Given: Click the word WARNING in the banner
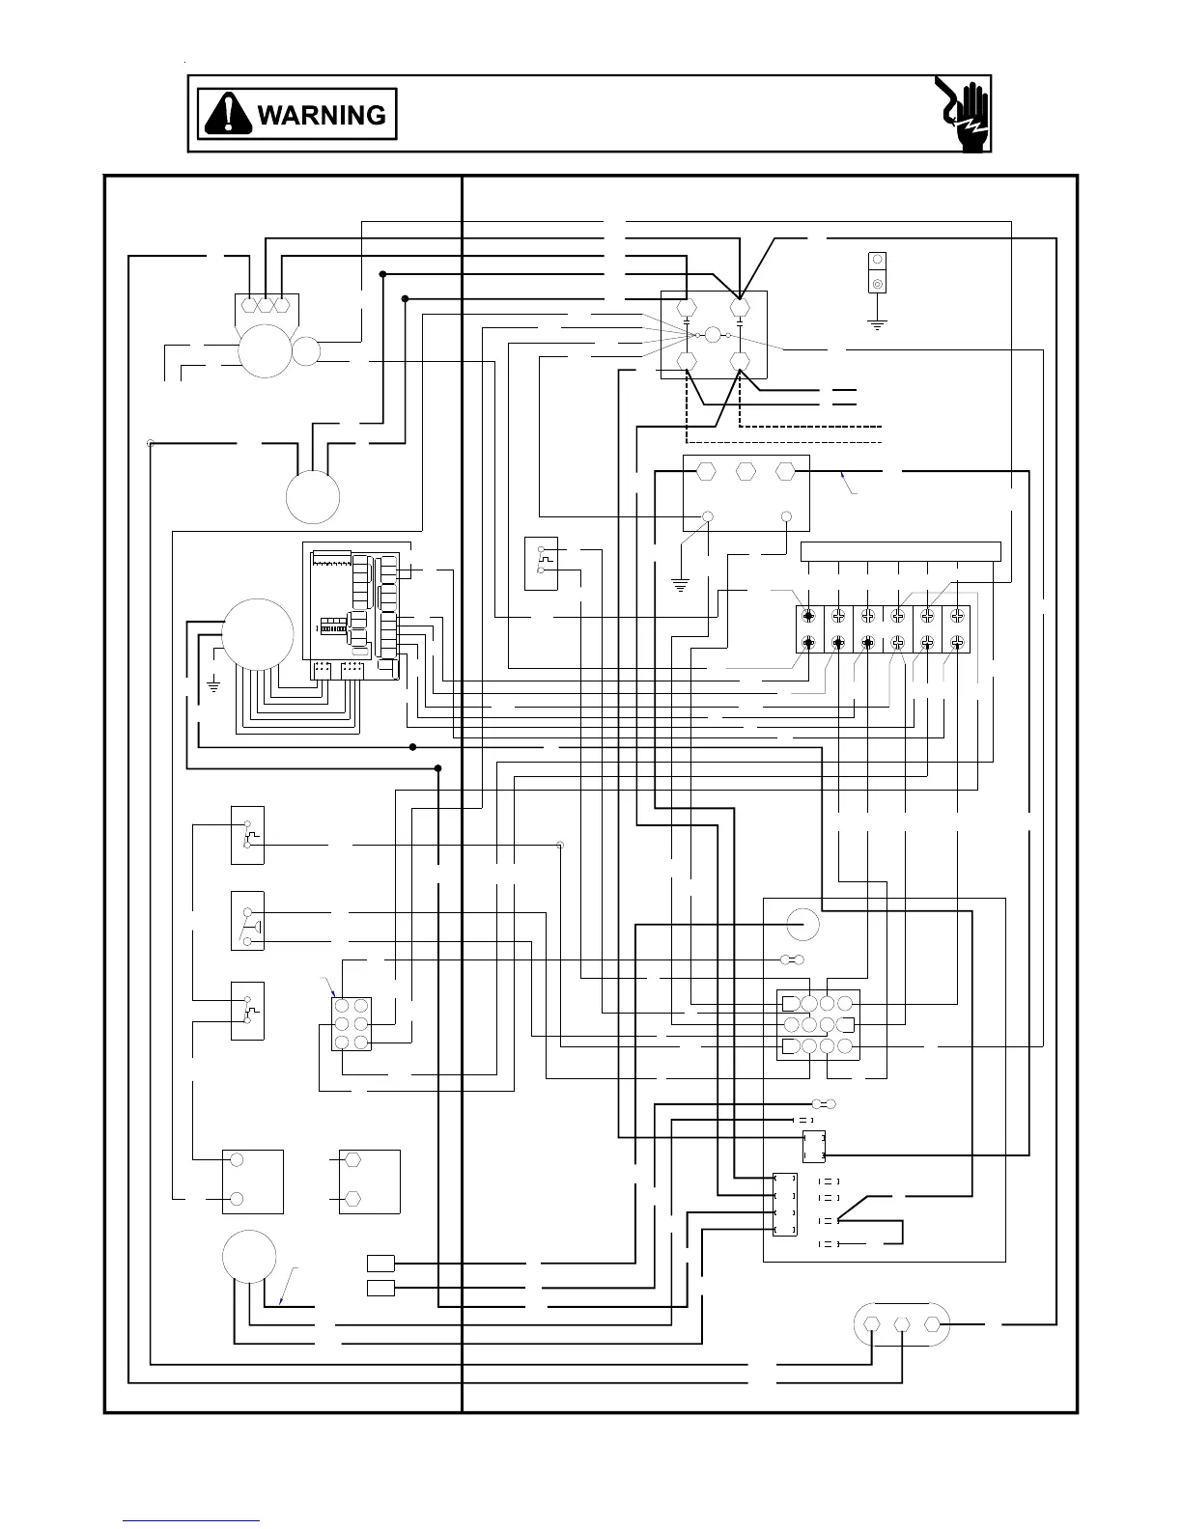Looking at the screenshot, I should [322, 116].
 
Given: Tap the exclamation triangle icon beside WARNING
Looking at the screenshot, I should [228, 115].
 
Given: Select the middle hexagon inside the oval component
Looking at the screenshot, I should [902, 1325].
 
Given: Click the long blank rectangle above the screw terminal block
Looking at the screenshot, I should [900, 551].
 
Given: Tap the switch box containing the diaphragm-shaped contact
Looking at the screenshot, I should [247, 921].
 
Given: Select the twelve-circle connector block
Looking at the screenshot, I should [818, 1024].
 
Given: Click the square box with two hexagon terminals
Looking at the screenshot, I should [369, 1181].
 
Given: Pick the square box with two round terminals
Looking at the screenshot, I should [253, 1181].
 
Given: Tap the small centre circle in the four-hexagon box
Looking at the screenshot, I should [713, 335].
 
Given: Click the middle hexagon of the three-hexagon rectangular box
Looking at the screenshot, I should [745, 471].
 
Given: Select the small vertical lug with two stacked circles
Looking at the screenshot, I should [878, 272].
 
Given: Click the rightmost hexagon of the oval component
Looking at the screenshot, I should [933, 1324].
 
